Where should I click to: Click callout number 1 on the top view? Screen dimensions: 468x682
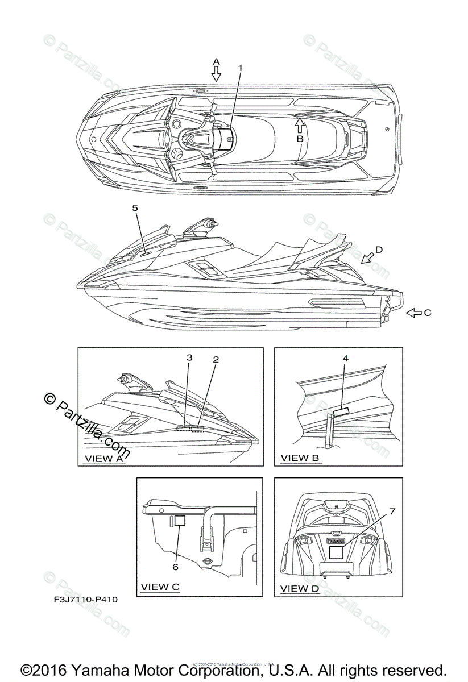point(240,68)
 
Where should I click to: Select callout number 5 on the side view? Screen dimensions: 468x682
point(135,208)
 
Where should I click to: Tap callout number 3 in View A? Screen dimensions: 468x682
point(189,357)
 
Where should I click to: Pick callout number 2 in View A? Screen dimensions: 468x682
point(216,359)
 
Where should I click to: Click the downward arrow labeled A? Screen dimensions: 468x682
point(216,73)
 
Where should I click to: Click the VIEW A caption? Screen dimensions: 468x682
point(103,458)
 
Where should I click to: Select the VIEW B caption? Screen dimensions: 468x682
point(300,458)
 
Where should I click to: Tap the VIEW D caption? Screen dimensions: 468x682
point(300,588)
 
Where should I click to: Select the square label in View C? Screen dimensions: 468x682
point(180,520)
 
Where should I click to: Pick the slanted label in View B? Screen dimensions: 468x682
point(341,411)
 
